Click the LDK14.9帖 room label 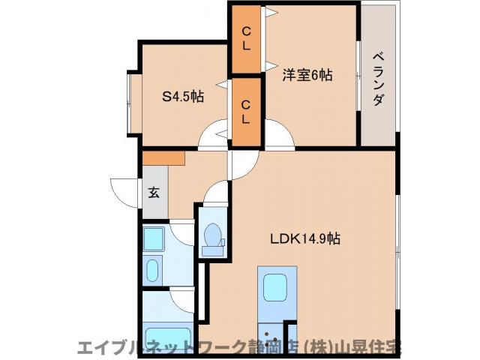click(x=305, y=239)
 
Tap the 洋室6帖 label click(x=307, y=75)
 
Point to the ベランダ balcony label click(x=378, y=79)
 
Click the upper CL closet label click(x=245, y=37)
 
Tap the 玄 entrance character click(x=154, y=193)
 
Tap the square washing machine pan click(x=154, y=240)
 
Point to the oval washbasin click(x=153, y=269)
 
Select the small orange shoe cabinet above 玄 click(x=163, y=158)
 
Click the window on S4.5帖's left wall click(x=131, y=96)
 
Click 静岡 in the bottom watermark click(x=264, y=347)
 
